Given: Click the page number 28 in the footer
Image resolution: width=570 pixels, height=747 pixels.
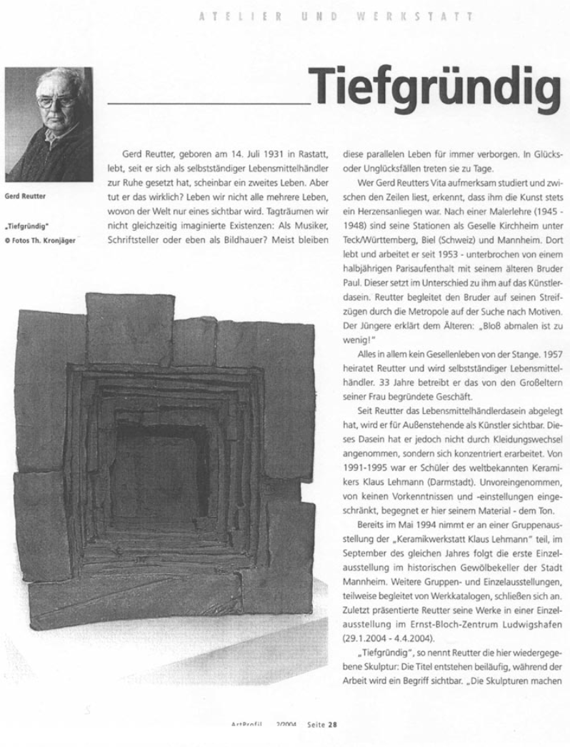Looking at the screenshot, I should [x=331, y=723].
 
